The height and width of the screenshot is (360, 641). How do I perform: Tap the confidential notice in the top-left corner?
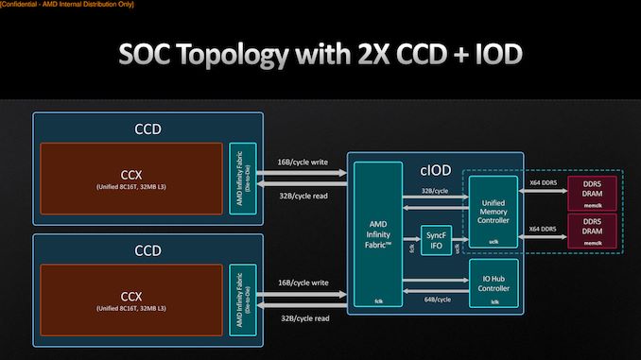coord(67,6)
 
